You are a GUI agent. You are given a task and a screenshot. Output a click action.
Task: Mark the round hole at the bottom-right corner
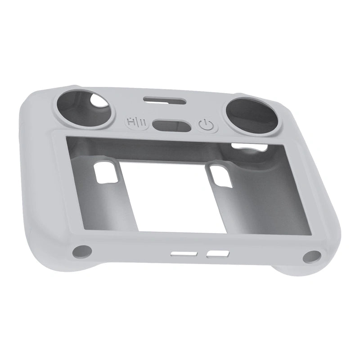coord(310,257)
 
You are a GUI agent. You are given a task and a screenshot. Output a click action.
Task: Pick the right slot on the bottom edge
coord(216,255)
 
